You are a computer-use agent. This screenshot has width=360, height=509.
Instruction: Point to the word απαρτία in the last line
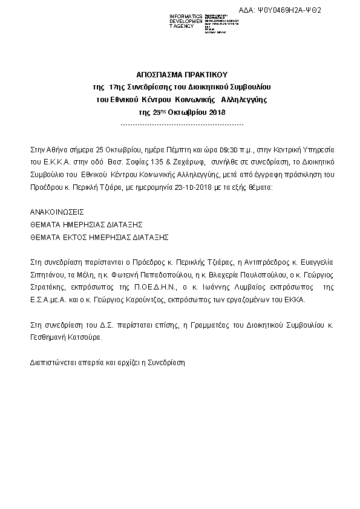[x=87, y=363]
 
